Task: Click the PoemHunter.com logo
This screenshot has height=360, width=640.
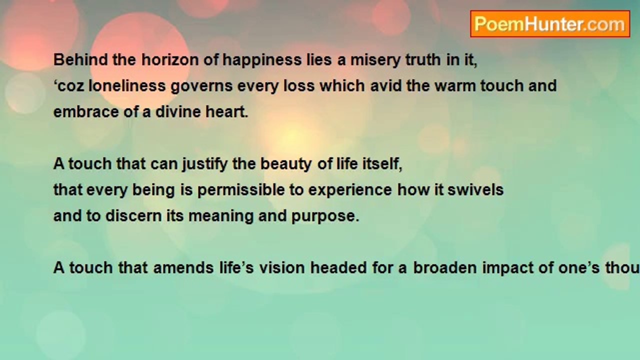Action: (x=550, y=24)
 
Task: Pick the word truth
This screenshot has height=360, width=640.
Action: (x=423, y=60)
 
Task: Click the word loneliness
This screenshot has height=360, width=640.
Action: (x=127, y=85)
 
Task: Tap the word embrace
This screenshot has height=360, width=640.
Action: (x=86, y=111)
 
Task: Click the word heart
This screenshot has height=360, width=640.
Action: (x=227, y=111)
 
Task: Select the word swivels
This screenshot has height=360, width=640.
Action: (x=475, y=189)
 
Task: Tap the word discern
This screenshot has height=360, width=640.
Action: (x=133, y=215)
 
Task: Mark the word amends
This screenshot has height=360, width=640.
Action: (x=183, y=267)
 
